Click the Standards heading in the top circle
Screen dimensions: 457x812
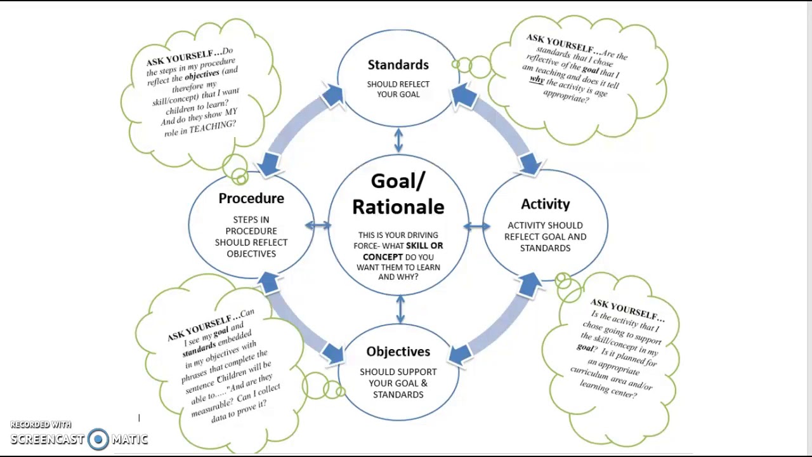point(398,65)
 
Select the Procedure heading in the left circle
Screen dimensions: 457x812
point(251,199)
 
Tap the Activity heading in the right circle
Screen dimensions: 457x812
point(545,204)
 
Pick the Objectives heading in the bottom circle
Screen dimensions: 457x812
point(398,352)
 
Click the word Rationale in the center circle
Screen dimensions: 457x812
point(398,207)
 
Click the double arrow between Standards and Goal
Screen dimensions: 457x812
point(398,140)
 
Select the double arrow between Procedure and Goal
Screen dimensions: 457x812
point(318,225)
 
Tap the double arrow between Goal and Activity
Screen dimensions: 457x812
point(476,226)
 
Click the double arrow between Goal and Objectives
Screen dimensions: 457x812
point(400,310)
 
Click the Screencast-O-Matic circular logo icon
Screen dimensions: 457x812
point(98,439)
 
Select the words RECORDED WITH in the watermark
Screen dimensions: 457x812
point(41,425)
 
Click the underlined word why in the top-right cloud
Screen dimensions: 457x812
point(537,80)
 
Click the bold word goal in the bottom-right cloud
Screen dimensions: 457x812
point(585,347)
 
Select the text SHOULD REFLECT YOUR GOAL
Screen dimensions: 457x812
point(398,89)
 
